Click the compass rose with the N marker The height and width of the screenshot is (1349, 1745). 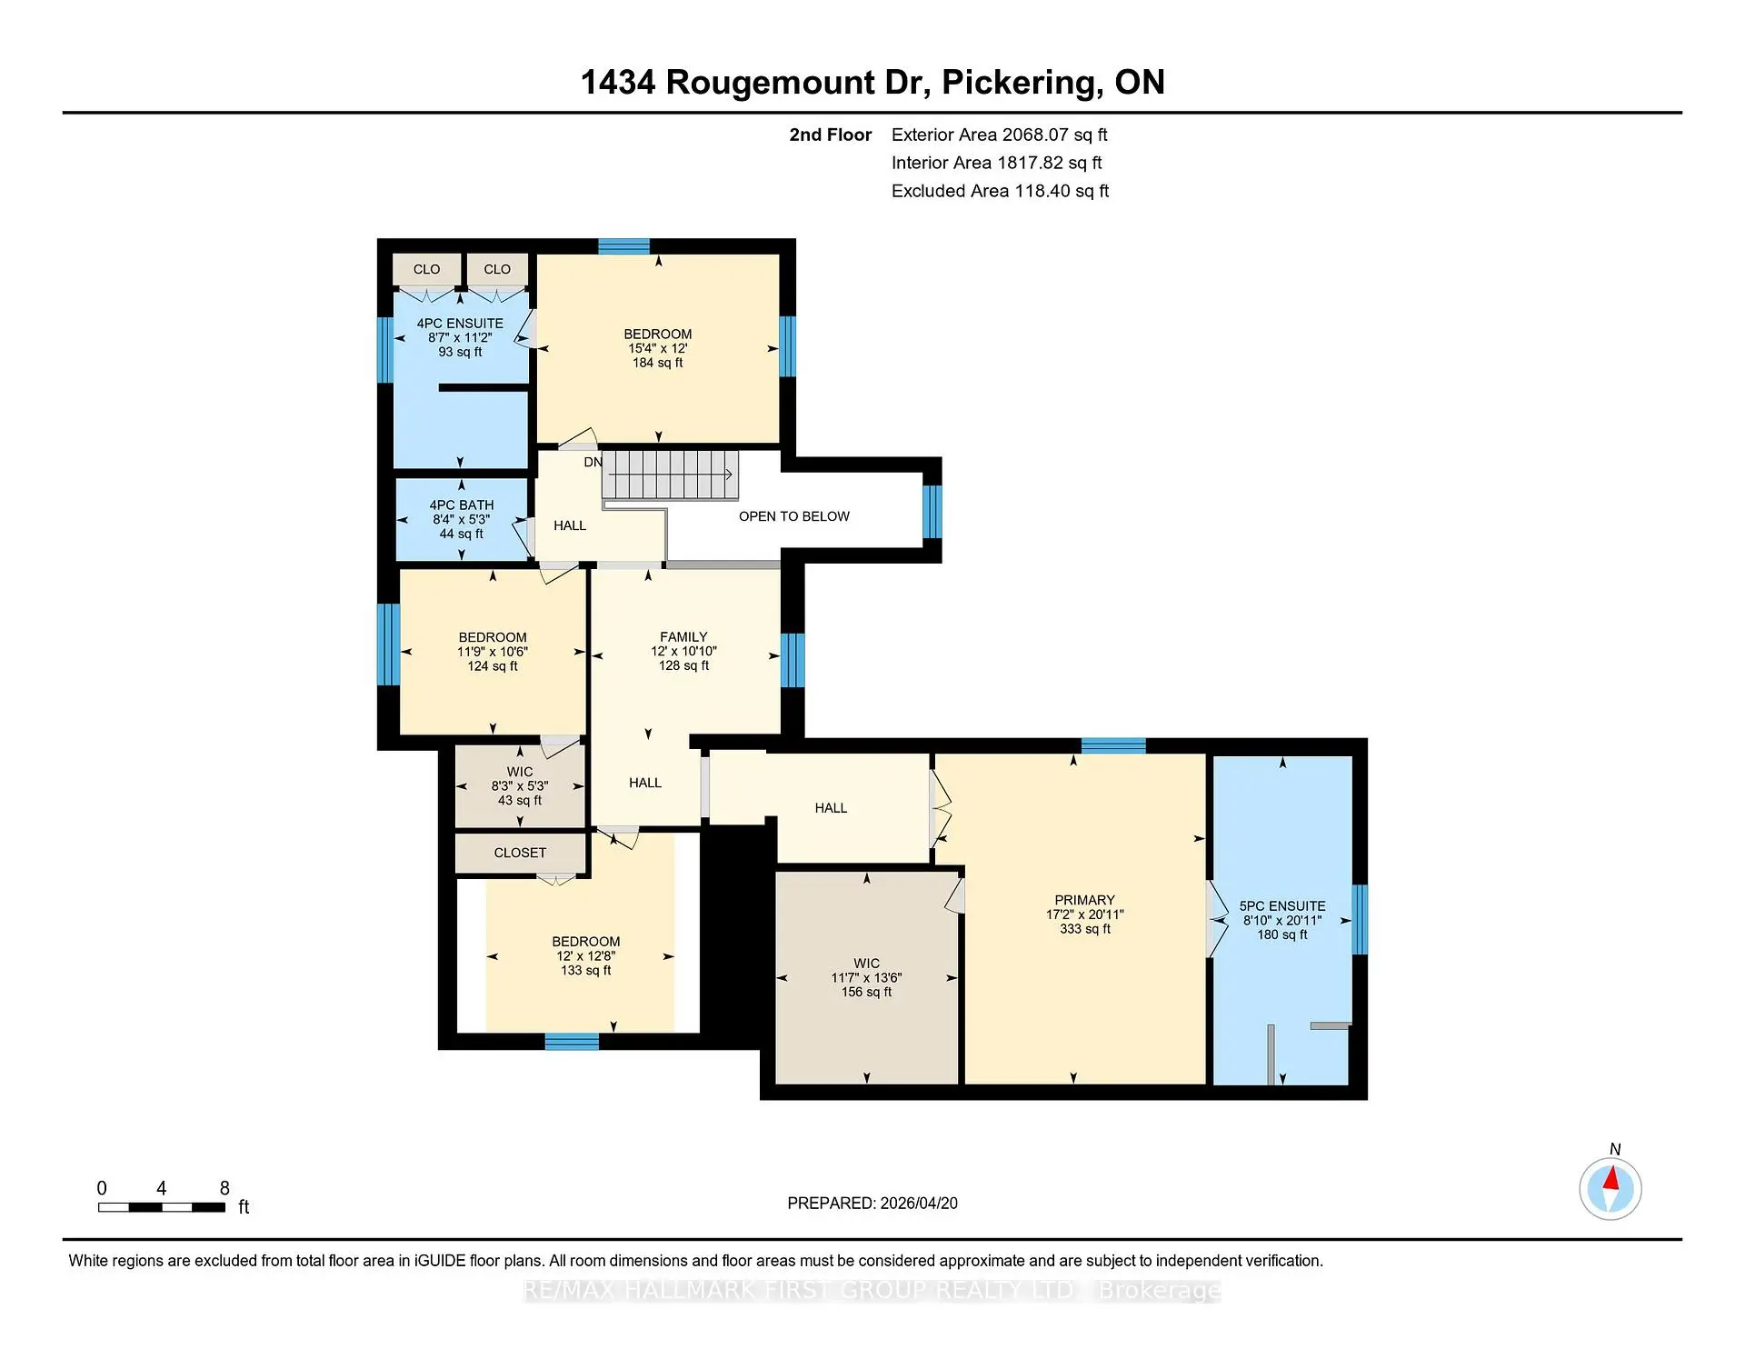[1610, 1188]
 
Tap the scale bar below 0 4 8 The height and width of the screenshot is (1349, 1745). [162, 1207]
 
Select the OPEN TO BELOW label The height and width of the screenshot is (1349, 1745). [793, 516]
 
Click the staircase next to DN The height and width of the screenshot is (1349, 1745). [671, 475]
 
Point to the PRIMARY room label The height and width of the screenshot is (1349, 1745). [1084, 900]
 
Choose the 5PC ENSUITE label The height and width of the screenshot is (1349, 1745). [1282, 906]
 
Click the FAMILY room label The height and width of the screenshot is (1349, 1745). [683, 637]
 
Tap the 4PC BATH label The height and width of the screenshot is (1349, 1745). [462, 505]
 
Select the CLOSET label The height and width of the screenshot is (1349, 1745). [520, 853]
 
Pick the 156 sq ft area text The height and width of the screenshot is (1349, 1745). [866, 993]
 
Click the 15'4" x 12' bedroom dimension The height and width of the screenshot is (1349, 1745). [657, 348]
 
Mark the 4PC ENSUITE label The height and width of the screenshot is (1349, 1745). [460, 324]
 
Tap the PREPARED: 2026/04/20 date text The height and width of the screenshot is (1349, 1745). [872, 1204]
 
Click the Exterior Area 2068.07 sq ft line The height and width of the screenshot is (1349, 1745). [999, 135]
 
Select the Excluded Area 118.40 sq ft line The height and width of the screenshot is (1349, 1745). [1000, 191]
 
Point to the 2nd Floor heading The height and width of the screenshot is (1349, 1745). [830, 135]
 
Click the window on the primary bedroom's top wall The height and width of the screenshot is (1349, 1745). [1113, 746]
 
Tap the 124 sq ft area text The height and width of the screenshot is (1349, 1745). [493, 666]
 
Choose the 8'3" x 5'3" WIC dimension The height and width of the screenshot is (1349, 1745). [520, 786]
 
